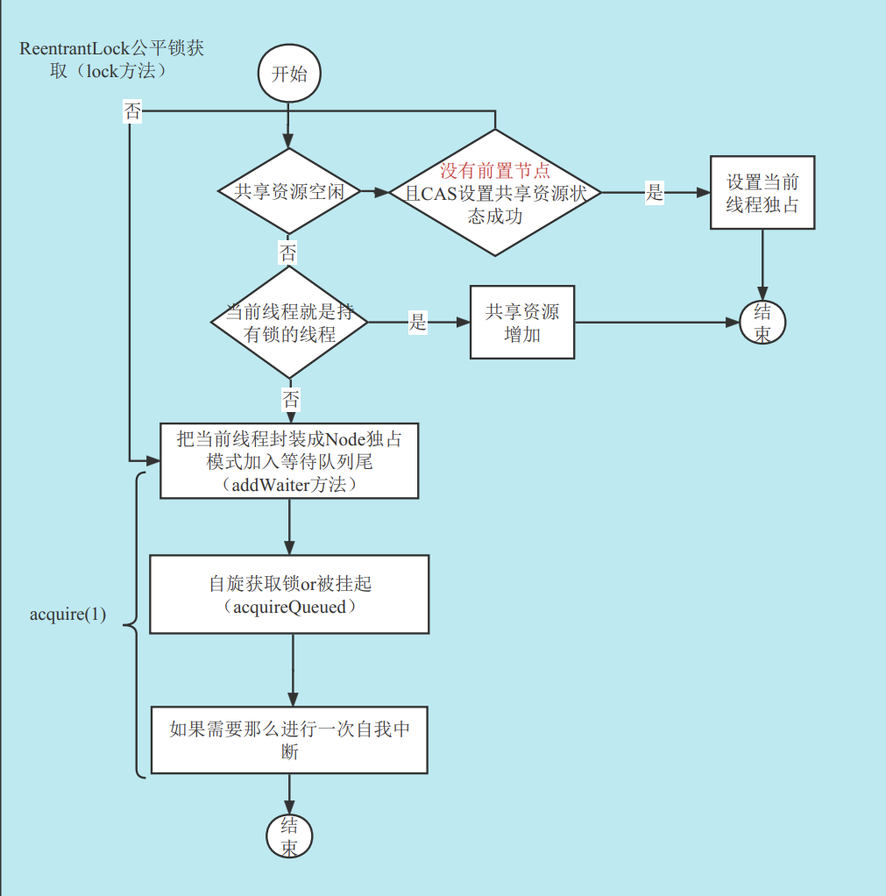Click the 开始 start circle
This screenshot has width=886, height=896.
pyautogui.click(x=289, y=74)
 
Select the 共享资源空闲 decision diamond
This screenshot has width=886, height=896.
pyautogui.click(x=289, y=192)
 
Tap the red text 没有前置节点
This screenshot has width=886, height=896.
pyautogui.click(x=495, y=171)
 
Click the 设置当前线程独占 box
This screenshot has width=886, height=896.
pyautogui.click(x=762, y=193)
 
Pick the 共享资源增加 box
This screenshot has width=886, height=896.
pyautogui.click(x=522, y=322)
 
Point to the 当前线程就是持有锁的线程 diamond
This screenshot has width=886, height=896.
pyautogui.click(x=289, y=323)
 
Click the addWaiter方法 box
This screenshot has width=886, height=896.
pyautogui.click(x=289, y=461)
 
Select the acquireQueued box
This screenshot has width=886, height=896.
pyautogui.click(x=289, y=594)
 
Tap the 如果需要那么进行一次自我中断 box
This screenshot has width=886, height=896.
pyautogui.click(x=289, y=739)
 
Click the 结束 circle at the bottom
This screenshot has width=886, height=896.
pyautogui.click(x=289, y=836)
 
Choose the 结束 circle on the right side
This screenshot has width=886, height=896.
pyautogui.click(x=762, y=323)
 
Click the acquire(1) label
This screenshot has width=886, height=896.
pyautogui.click(x=67, y=615)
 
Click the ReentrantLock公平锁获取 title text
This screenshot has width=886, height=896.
pyautogui.click(x=110, y=60)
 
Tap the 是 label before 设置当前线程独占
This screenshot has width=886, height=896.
pyautogui.click(x=655, y=193)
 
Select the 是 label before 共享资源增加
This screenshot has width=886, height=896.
pyautogui.click(x=418, y=323)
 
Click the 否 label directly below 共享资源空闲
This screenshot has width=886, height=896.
pyautogui.click(x=288, y=253)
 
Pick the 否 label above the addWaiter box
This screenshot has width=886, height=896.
pyautogui.click(x=290, y=401)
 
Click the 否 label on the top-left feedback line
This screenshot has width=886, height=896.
pyautogui.click(x=131, y=112)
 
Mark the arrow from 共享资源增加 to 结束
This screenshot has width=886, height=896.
pyautogui.click(x=657, y=323)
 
